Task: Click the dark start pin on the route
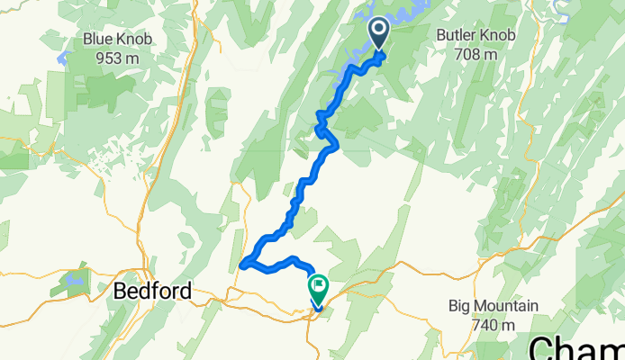tap(378, 34)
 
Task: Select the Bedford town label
tap(152, 292)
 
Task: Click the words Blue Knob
tap(116, 39)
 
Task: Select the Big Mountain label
tap(494, 306)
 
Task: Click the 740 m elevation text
tap(494, 325)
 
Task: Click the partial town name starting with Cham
tap(576, 346)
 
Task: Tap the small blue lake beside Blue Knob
tap(63, 58)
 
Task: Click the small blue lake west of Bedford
tap(75, 280)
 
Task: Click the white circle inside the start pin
tap(378, 30)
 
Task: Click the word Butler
tap(453, 35)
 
